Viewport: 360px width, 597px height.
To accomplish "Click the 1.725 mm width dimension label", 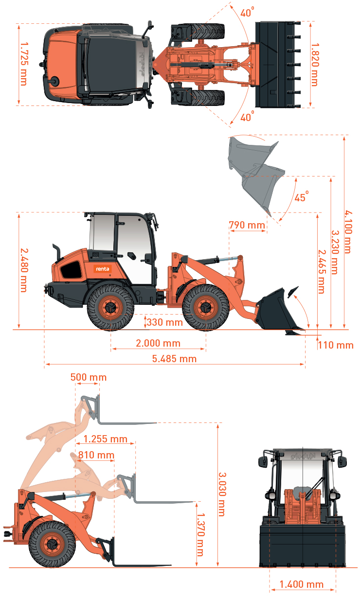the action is point(24,64).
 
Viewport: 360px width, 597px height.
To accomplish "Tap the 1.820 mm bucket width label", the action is point(315,65).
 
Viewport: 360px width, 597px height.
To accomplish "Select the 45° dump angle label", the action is point(301,197).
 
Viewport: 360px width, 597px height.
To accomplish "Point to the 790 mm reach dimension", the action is point(247,225).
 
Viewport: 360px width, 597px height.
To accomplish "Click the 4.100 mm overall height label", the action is point(348,231).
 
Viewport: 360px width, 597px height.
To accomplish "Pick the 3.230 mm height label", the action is point(335,252).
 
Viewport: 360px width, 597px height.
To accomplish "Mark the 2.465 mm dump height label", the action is point(322,272).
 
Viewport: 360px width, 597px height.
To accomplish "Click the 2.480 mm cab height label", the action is point(24,270).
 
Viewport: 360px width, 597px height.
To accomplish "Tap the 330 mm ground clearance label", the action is point(164,322).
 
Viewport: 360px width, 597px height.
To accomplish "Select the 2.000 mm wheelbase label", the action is point(158,343).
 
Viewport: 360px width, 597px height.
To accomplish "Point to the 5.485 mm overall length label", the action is point(174,359).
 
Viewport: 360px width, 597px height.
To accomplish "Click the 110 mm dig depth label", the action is point(336,345).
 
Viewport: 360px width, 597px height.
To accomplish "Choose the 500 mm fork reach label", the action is point(88,377).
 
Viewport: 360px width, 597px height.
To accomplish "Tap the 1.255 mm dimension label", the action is point(106,439).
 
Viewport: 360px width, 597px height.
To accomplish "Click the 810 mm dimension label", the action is point(96,455).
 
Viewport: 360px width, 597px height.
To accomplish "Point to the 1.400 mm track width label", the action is point(301,584).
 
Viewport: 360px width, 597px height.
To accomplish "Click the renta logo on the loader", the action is point(102,269).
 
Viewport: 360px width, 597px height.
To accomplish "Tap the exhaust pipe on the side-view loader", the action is point(57,252).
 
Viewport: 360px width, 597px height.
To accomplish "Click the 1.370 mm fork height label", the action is point(200,535).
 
